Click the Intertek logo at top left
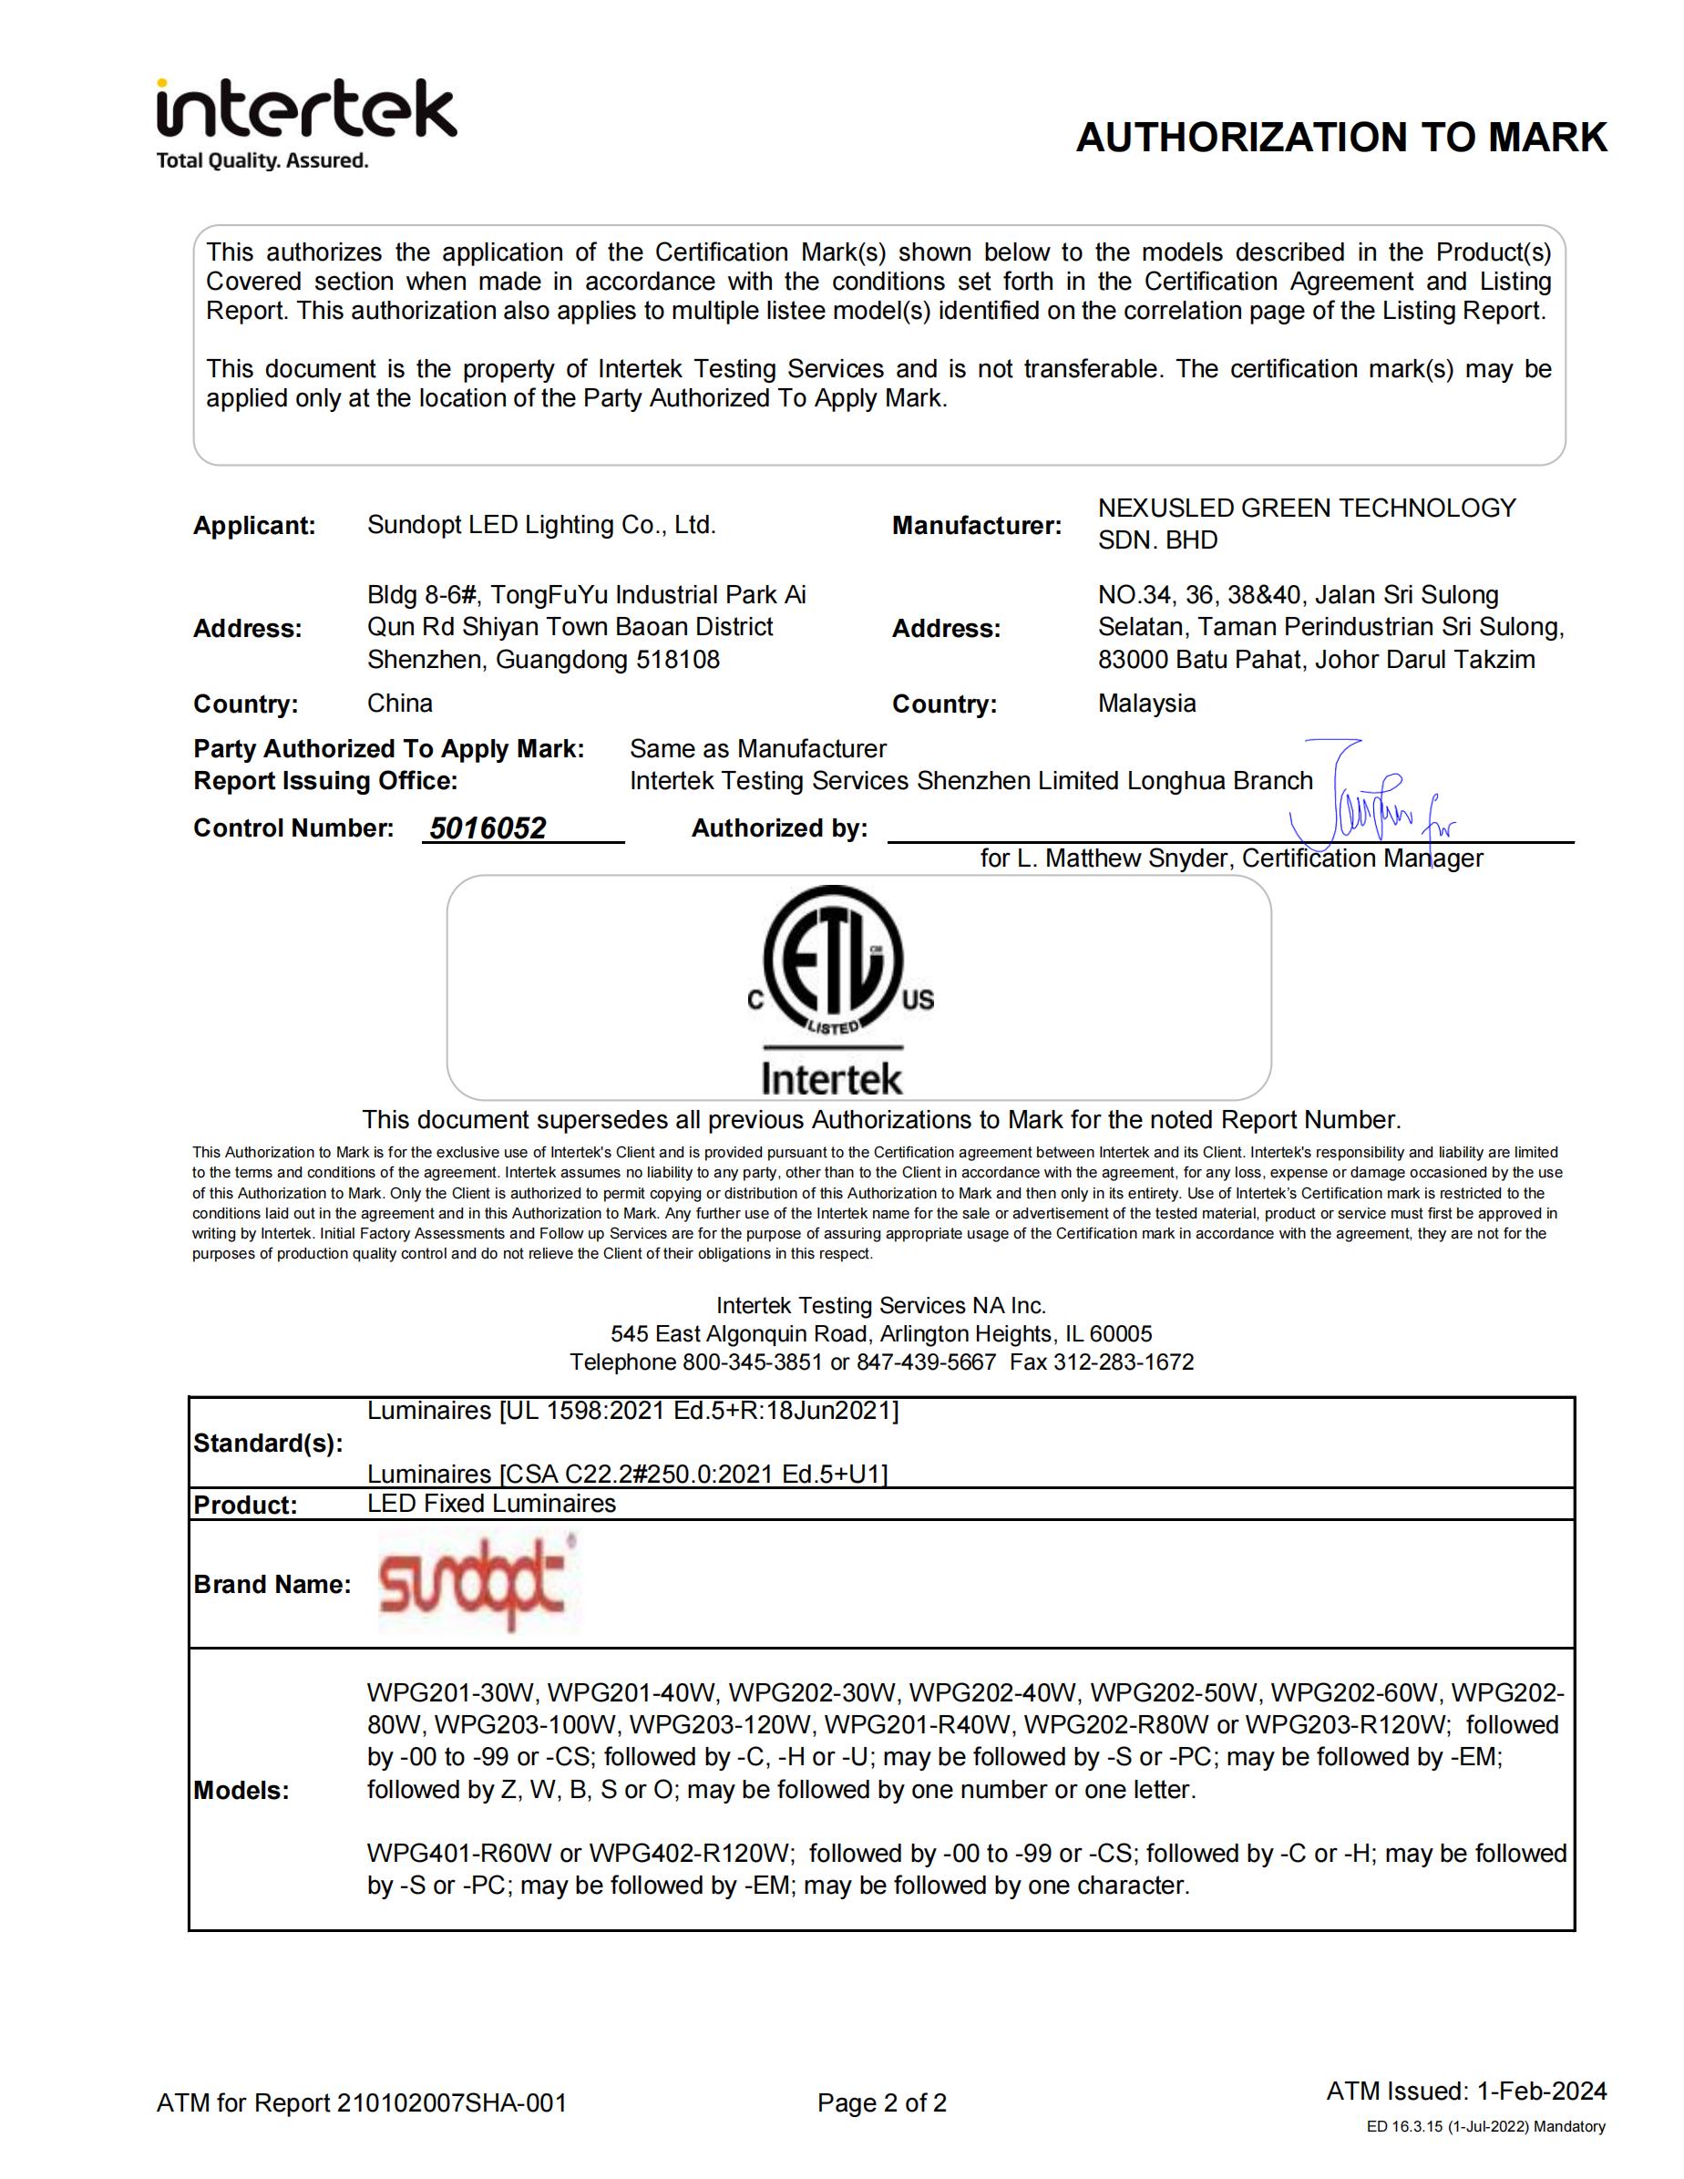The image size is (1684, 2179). tap(305, 109)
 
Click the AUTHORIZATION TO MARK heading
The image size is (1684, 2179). tap(1340, 138)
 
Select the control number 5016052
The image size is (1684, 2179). tap(488, 828)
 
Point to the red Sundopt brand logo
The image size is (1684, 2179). tap(473, 1583)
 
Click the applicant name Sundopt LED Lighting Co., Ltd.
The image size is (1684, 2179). tap(540, 525)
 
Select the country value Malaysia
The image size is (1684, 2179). tap(1146, 704)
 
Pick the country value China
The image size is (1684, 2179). tap(399, 704)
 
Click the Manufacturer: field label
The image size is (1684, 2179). tap(976, 526)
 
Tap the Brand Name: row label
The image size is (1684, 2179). tap(272, 1585)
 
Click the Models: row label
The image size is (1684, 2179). tap(241, 1791)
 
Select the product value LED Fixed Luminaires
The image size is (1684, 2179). tap(491, 1504)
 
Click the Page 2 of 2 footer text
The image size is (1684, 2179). tap(882, 2103)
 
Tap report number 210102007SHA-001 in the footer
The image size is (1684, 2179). tap(451, 2103)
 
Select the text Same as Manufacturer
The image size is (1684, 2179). tap(757, 748)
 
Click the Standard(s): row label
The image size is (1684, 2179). tap(267, 1444)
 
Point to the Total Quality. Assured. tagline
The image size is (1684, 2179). tap(262, 160)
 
